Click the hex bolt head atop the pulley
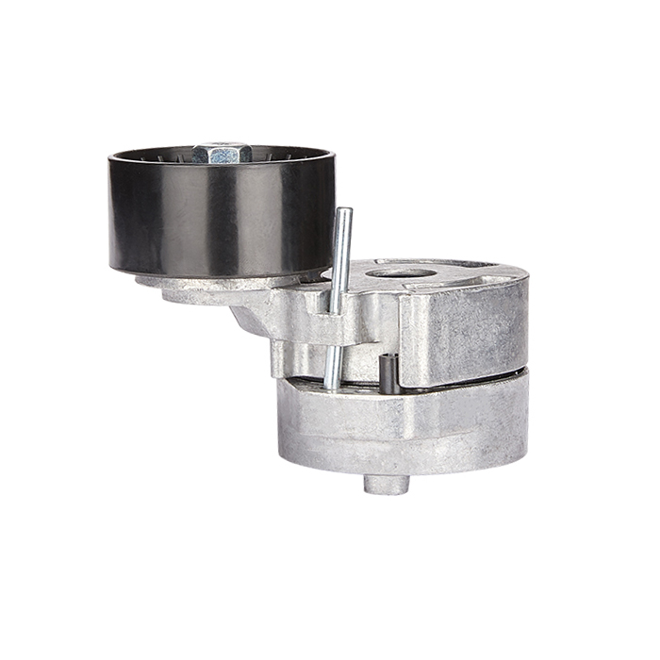pos(222,152)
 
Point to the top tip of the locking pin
pos(345,211)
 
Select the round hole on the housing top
pos(401,273)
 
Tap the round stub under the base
pos(387,484)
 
